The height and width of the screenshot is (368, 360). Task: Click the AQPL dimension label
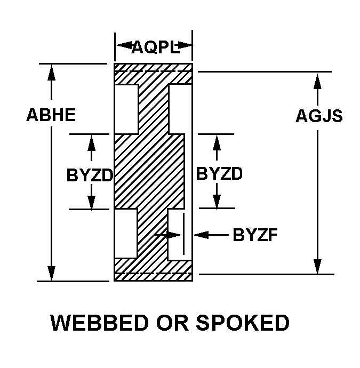coord(155,47)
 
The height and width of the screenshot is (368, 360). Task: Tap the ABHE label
coord(51,115)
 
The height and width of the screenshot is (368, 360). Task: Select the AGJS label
coord(319,116)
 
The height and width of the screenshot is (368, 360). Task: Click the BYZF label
coord(255,235)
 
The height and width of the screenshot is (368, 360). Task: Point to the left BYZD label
coord(90,175)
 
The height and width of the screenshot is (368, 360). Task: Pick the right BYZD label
coord(219,174)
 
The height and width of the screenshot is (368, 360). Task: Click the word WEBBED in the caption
coord(100,323)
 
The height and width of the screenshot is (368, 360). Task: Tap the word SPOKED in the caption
coord(243,323)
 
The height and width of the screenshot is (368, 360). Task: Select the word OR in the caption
coord(172,323)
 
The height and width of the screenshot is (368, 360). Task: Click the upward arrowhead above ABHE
coord(51,72)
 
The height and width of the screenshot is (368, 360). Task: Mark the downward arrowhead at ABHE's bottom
coord(51,273)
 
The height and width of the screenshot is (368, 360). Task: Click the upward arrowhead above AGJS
coord(317,81)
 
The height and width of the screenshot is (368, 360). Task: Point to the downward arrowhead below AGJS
coord(317,266)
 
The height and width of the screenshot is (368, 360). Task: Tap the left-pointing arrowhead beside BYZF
coord(201,235)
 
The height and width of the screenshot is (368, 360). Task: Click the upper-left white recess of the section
coord(126,109)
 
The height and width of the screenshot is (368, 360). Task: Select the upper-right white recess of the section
coord(180,109)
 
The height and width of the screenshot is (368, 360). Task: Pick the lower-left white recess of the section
coord(126,233)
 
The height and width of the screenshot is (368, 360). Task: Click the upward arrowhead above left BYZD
coord(91,143)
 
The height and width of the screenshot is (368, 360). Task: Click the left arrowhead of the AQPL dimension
coord(124,45)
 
